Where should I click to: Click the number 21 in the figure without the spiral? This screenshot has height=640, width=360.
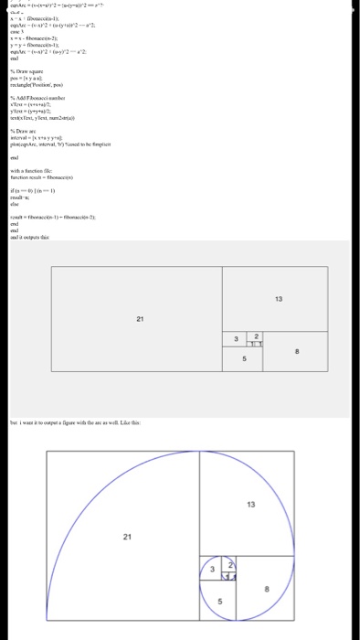pos(139,317)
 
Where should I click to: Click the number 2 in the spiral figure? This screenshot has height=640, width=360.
pos(231,563)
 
